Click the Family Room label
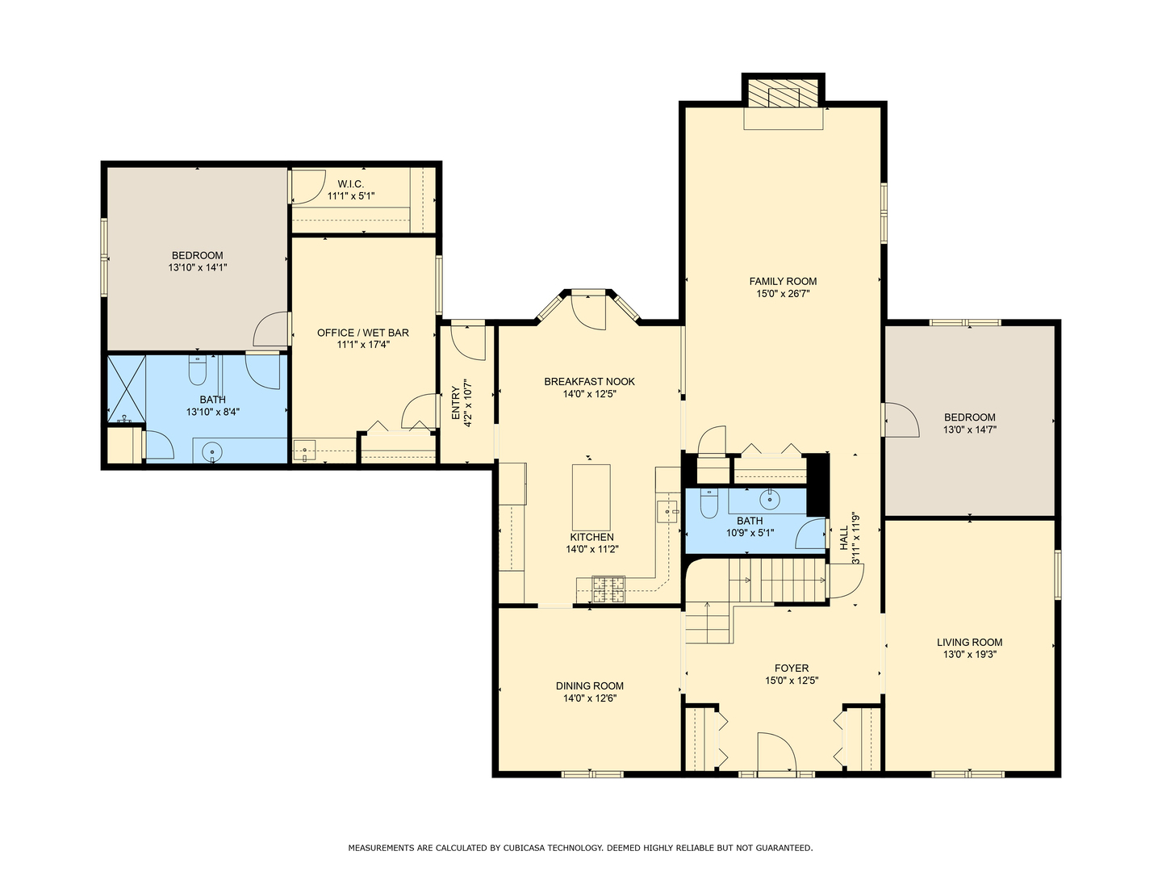(783, 281)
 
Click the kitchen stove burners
(608, 589)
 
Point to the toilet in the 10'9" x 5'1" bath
(708, 502)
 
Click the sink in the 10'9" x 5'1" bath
(769, 499)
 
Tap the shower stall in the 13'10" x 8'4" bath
(127, 389)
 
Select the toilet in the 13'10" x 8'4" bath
(197, 370)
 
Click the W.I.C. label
(350, 184)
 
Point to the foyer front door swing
(777, 753)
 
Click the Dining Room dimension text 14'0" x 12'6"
(590, 698)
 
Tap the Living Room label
(969, 642)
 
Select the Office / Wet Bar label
(362, 333)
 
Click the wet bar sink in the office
(304, 451)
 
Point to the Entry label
(455, 404)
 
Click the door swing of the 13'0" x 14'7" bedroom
(901, 419)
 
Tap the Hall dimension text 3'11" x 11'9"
(855, 539)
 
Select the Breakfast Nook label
(589, 381)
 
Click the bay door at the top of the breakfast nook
(589, 312)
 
